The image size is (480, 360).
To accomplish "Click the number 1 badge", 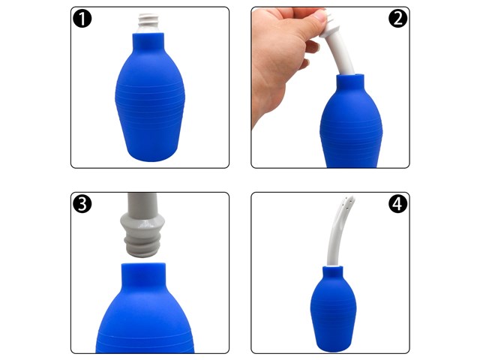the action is point(82,18).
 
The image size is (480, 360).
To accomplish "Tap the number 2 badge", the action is point(397,18).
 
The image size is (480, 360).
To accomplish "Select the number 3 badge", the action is point(82,203).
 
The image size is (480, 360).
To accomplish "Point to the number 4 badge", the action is point(397,203).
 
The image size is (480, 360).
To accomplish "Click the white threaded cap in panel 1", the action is point(148,23).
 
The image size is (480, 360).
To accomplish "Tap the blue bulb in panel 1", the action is point(150,98).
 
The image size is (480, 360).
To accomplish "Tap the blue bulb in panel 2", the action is point(351,122).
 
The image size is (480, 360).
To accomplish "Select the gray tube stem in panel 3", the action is point(142,202).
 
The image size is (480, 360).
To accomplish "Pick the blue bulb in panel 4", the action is point(333,309).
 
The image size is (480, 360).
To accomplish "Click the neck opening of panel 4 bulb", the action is point(333,268).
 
